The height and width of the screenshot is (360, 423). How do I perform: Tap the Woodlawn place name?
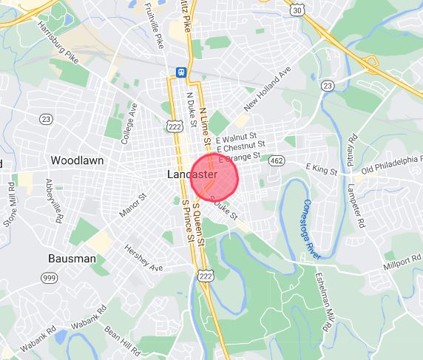click(77, 160)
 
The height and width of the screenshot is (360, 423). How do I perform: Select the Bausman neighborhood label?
click(72, 259)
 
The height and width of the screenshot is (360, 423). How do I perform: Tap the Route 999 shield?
click(48, 276)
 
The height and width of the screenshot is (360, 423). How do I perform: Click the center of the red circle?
click(211, 175)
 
